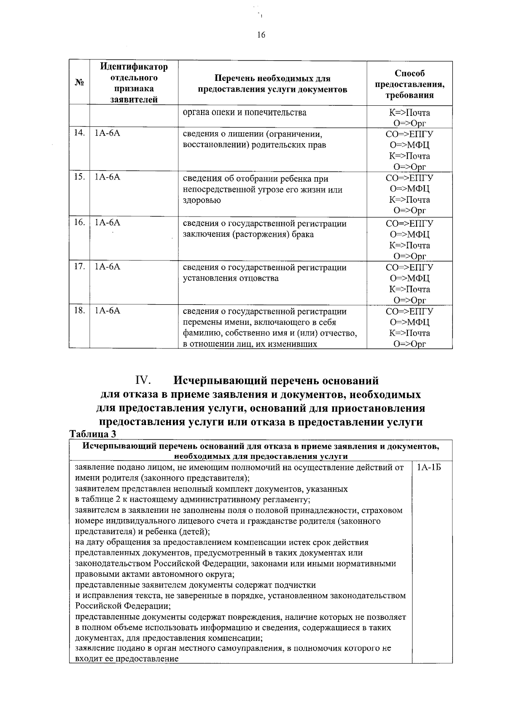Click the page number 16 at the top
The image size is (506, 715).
(261, 35)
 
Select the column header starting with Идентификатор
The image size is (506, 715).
(134, 83)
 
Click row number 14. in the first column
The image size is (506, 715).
(79, 133)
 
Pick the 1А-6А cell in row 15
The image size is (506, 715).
(108, 177)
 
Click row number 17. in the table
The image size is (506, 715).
(79, 267)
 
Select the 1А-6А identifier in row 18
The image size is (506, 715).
(108, 311)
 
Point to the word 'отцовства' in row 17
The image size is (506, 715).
(260, 278)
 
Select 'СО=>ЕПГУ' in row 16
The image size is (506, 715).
(409, 223)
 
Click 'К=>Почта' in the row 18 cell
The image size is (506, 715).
(409, 333)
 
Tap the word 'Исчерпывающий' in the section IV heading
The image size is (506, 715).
(220, 381)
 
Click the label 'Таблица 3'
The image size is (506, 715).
(92, 434)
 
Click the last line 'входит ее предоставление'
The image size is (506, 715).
(126, 659)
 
